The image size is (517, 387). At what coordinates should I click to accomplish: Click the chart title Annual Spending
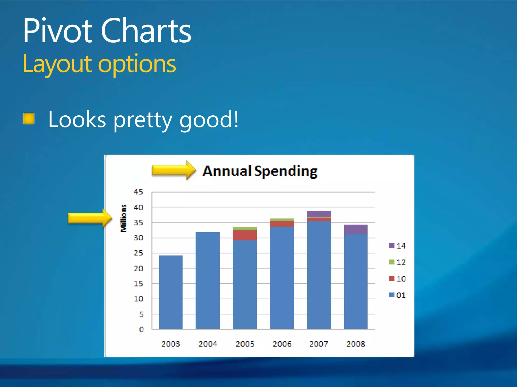pos(260,171)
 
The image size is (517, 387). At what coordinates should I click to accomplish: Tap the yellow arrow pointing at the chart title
pos(173,170)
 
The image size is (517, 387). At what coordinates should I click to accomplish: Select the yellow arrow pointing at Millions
pos(90,218)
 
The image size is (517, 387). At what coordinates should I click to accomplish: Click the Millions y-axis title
pos(123,218)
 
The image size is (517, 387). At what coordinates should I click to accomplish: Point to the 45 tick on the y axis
pos(138,192)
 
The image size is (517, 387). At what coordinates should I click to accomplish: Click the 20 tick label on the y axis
pos(138,269)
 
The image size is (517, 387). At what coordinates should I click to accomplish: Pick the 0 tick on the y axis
pos(141,330)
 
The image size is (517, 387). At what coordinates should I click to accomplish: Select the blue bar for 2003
pos(171,292)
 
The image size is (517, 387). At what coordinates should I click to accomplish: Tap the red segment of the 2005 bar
pos(245,235)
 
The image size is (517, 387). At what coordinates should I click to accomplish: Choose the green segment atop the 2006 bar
pos(282,220)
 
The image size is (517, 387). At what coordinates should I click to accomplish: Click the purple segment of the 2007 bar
pos(319,214)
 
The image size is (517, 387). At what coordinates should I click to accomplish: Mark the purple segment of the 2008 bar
pos(356,229)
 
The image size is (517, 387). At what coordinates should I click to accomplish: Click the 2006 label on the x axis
pos(282,344)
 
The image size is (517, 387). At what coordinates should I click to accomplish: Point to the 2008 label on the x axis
pos(355,344)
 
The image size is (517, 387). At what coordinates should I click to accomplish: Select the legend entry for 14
pos(397,246)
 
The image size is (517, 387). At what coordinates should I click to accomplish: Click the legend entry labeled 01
pos(397,295)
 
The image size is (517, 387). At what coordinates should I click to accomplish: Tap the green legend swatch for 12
pos(392,262)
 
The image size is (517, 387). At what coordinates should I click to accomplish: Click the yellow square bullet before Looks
pos(29,119)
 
